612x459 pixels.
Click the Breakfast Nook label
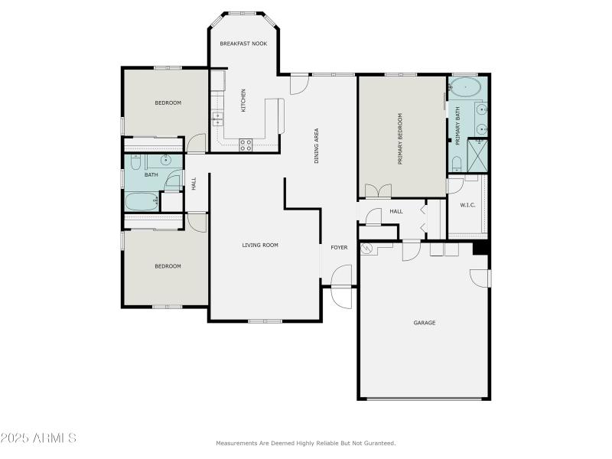point(243,44)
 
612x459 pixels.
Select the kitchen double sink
point(218,119)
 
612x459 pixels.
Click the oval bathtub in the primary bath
point(465,86)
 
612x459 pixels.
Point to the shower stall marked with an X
point(478,156)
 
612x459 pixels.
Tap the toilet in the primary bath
point(456,163)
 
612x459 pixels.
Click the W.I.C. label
point(468,205)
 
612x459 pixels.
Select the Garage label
point(425,323)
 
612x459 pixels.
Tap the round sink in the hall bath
point(165,161)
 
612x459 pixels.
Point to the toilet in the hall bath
point(135,162)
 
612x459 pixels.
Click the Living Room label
point(260,246)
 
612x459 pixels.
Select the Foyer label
point(339,248)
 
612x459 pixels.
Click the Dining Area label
point(317,146)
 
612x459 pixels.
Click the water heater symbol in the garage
point(365,249)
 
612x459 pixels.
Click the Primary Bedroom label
point(399,139)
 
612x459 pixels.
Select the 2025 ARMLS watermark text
point(38,438)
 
